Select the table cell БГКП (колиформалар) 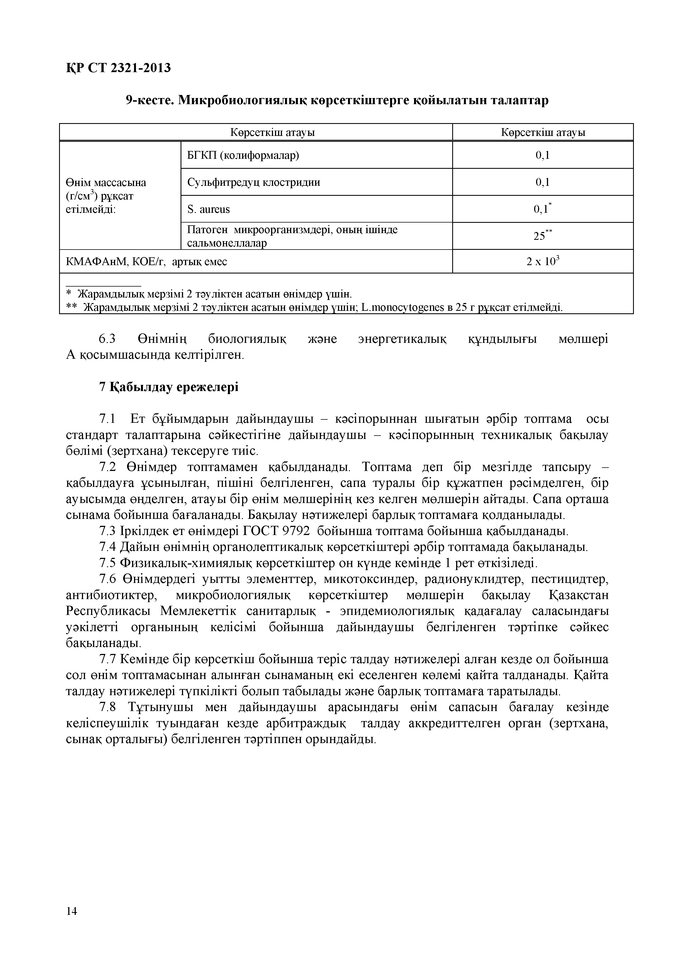pyautogui.click(x=243, y=155)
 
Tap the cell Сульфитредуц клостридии pyautogui.click(x=254, y=182)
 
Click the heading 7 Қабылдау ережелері pyautogui.click(x=169, y=387)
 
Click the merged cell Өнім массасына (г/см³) pyautogui.click(x=106, y=196)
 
